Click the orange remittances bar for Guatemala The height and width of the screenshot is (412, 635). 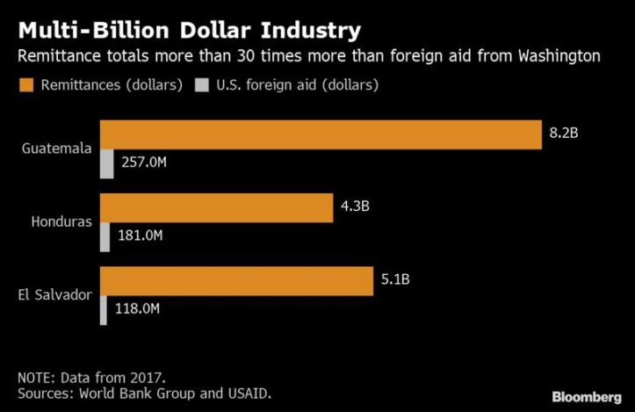click(321, 134)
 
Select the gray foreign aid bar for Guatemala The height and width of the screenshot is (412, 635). click(107, 164)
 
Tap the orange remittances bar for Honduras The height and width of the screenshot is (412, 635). click(217, 208)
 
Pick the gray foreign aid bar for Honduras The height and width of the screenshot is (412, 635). click(105, 236)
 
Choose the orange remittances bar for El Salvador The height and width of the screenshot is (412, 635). click(236, 280)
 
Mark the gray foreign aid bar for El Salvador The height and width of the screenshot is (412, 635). click(104, 309)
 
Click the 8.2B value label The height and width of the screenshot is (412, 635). click(566, 134)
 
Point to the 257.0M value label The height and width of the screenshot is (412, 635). click(143, 163)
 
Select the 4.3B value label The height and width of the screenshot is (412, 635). click(356, 207)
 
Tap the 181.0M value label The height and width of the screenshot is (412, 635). click(141, 235)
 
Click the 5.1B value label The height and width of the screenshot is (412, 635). click(395, 280)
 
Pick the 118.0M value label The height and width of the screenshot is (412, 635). click(136, 308)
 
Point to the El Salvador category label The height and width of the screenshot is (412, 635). click(54, 294)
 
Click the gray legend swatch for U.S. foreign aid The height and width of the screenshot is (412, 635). click(202, 85)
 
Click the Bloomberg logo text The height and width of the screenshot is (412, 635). click(585, 397)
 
